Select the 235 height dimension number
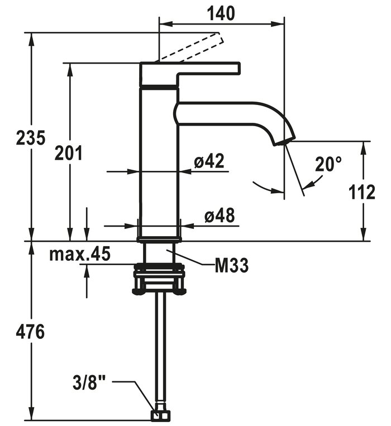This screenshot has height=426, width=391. (x=31, y=137)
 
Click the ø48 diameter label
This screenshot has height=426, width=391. (x=218, y=216)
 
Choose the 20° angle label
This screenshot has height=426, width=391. (x=328, y=164)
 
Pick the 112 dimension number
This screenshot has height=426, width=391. (x=362, y=193)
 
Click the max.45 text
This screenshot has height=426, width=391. (x=80, y=255)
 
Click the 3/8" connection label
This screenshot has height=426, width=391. (x=89, y=384)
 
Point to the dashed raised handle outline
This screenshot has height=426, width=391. (x=193, y=48)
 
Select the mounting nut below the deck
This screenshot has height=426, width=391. (x=159, y=279)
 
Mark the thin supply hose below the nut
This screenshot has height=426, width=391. (x=160, y=346)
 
